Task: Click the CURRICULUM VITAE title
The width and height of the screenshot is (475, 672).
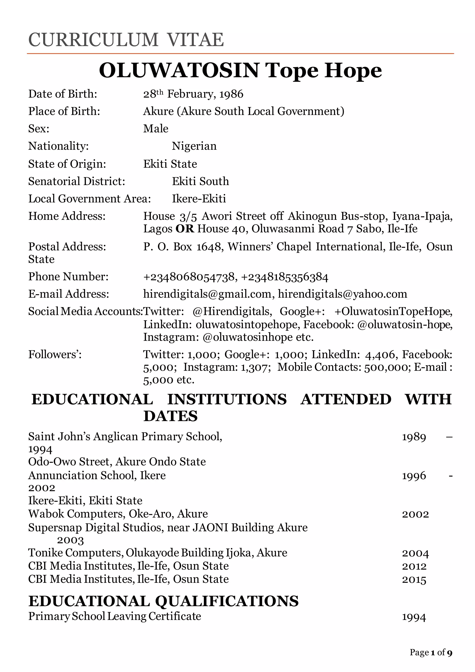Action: (126, 40)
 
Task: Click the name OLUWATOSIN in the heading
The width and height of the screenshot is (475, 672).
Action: (179, 71)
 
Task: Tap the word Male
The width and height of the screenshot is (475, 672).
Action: (156, 129)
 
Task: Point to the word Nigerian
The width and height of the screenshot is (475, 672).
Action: (194, 146)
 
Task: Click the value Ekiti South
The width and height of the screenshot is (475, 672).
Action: (200, 181)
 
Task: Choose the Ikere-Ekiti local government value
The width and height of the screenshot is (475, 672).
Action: (199, 199)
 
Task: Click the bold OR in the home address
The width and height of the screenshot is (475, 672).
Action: (185, 229)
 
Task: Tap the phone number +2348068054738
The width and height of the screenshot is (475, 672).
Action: (189, 277)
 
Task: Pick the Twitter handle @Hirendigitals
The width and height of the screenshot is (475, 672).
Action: (232, 311)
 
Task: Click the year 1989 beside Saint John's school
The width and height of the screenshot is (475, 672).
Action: (414, 437)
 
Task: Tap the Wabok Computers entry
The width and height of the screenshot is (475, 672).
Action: (118, 514)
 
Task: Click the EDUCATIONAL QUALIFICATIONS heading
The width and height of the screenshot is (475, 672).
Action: (164, 601)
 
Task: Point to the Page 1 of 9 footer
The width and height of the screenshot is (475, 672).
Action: (431, 652)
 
